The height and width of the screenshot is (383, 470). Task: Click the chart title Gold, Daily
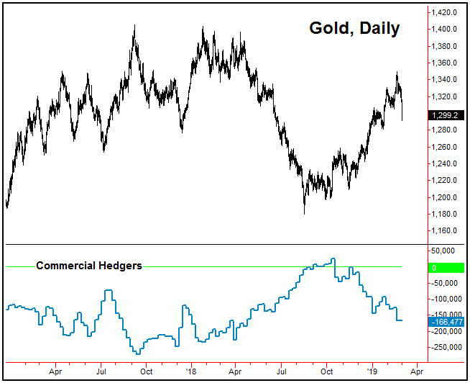click(x=354, y=28)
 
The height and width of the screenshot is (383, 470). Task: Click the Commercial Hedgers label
click(x=89, y=266)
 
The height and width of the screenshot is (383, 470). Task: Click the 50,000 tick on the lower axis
click(x=446, y=251)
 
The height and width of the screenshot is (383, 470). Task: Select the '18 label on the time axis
click(x=191, y=371)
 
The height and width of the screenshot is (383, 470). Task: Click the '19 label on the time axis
click(x=372, y=371)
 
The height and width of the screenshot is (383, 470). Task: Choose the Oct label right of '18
click(x=327, y=371)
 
